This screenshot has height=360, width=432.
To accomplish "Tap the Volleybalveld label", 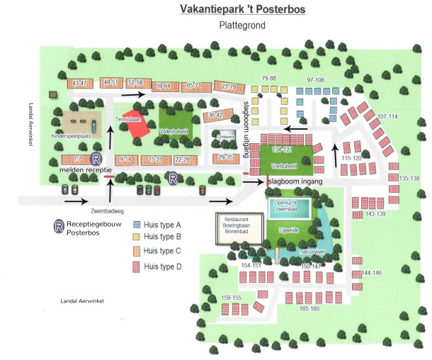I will (x=174, y=131).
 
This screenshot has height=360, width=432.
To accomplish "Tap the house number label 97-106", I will (x=315, y=80).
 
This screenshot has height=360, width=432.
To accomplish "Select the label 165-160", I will (x=309, y=309).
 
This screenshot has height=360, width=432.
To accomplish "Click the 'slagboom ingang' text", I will (x=295, y=182).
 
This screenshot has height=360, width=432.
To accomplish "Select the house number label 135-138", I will (x=410, y=179).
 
